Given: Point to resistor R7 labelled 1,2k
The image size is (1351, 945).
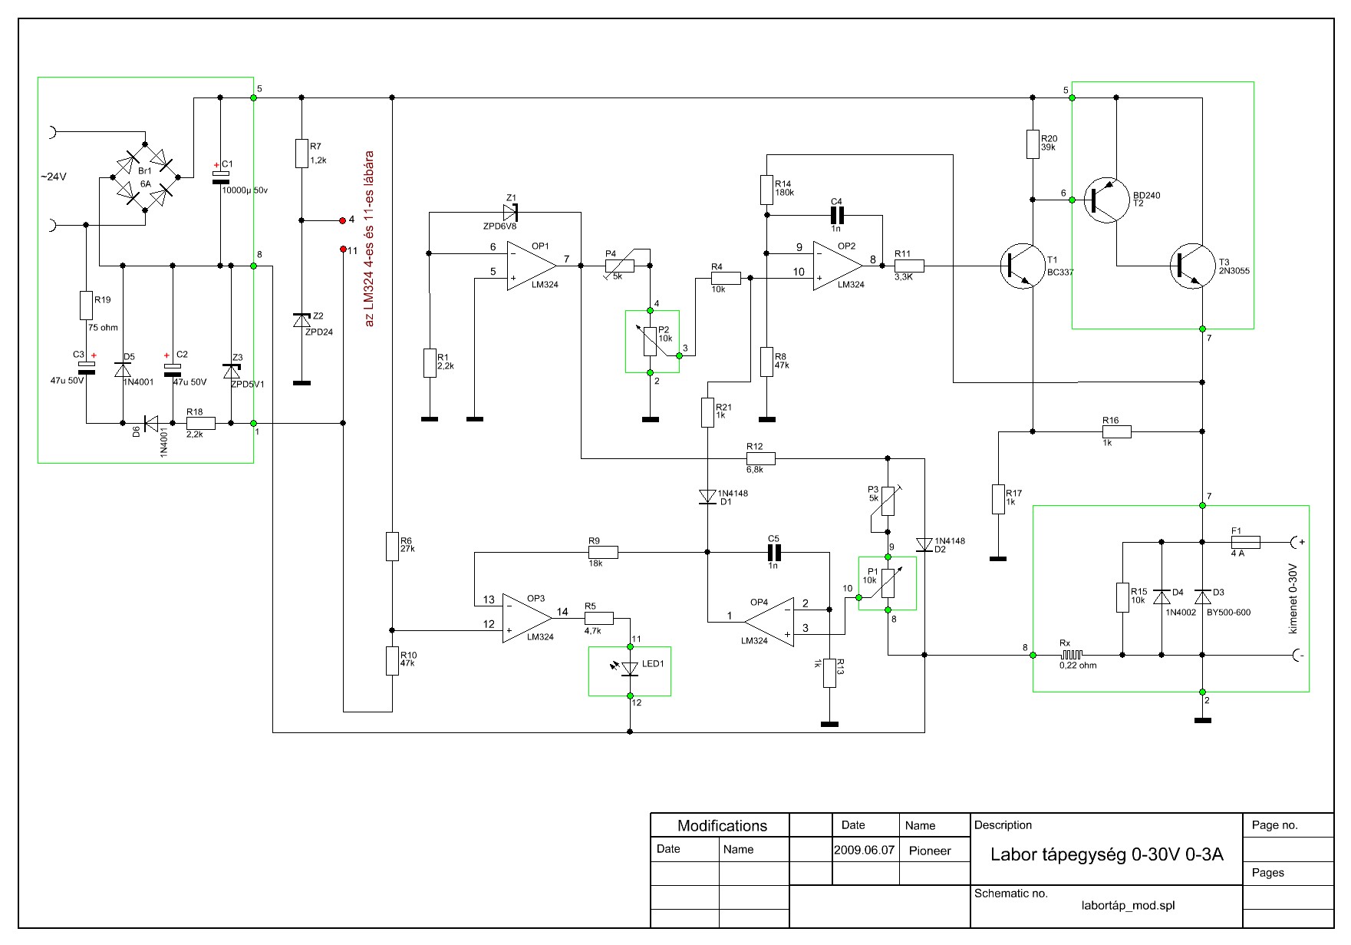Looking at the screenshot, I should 302,154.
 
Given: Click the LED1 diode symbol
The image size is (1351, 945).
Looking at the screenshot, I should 630,669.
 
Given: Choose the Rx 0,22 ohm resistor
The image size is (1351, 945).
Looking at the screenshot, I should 1072,655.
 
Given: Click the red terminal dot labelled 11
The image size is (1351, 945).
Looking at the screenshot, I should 343,249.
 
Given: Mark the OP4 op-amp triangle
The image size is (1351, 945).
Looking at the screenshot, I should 769,621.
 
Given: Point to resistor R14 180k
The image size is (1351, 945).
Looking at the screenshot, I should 766,190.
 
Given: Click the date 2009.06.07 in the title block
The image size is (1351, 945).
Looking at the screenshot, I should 865,851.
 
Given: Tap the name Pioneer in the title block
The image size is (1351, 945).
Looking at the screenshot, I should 930,851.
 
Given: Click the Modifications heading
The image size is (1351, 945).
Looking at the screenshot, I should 722,826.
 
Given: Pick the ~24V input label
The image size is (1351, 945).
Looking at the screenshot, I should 54,177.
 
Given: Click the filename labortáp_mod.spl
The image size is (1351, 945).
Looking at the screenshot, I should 1128,906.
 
